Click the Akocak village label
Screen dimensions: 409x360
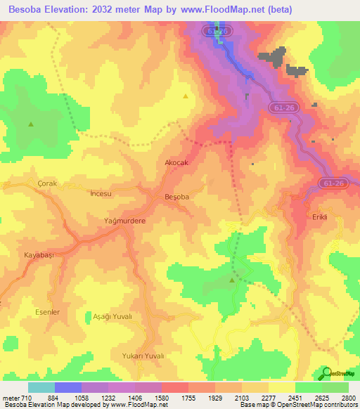(176, 162)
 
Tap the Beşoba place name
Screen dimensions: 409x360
(176, 197)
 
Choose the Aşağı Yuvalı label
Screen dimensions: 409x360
(112, 317)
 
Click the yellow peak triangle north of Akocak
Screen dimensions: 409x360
(186, 96)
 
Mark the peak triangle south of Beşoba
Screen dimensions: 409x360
(232, 280)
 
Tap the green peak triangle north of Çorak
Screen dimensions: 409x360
(31, 124)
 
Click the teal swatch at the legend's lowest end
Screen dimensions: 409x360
(41, 387)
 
